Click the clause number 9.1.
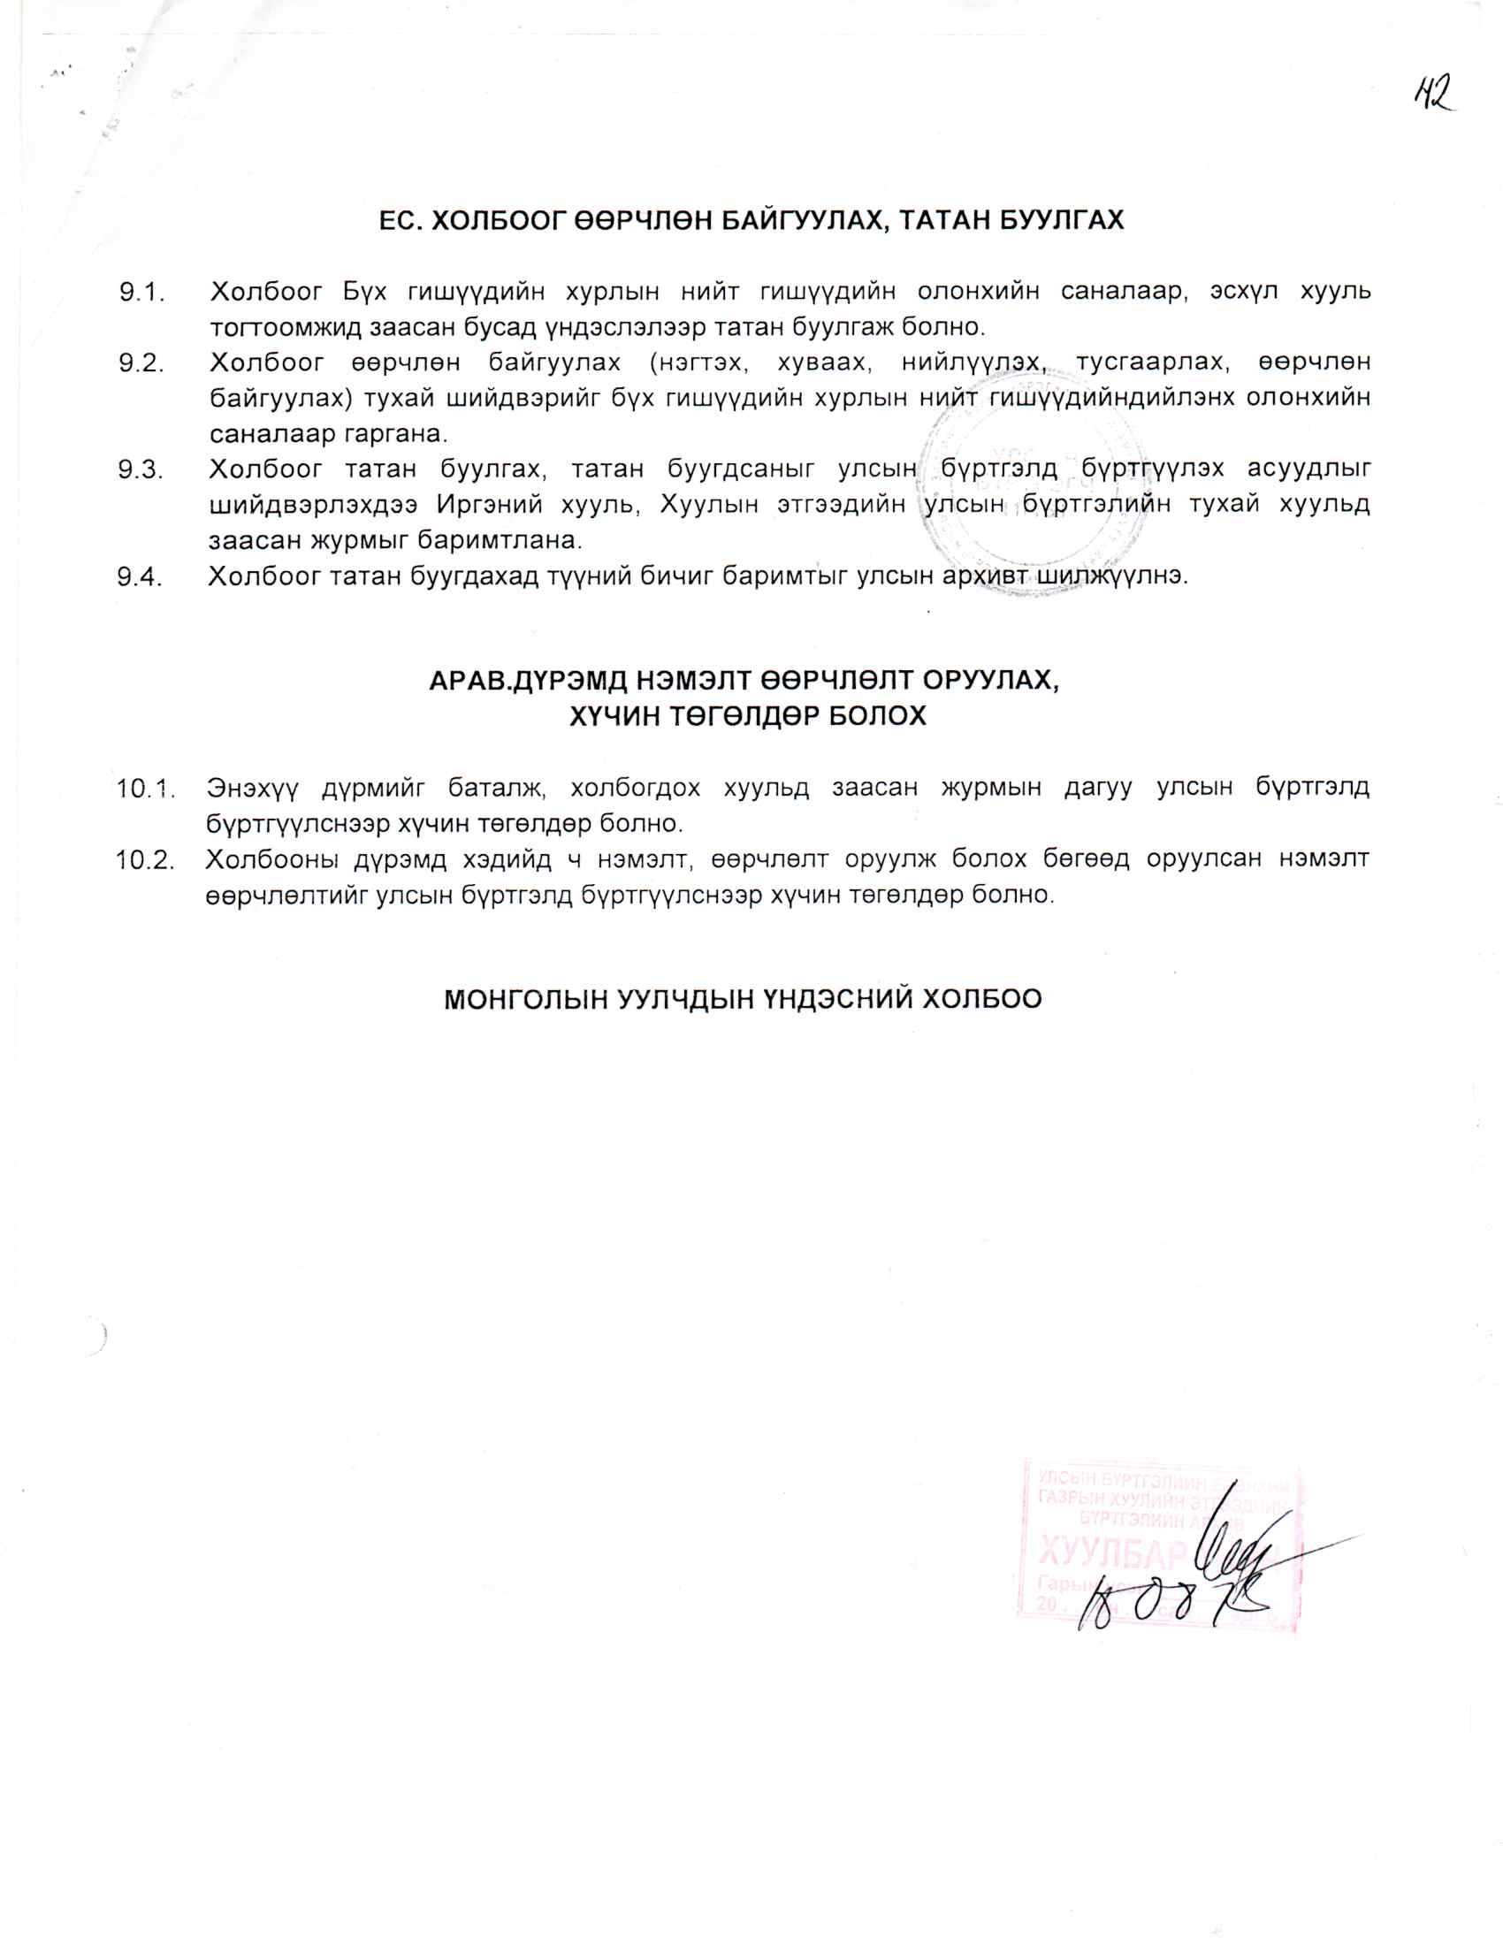tap(143, 292)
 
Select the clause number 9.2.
tap(142, 363)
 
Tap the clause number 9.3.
tap(141, 469)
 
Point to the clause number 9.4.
tap(141, 577)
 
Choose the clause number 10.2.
tap(144, 859)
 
